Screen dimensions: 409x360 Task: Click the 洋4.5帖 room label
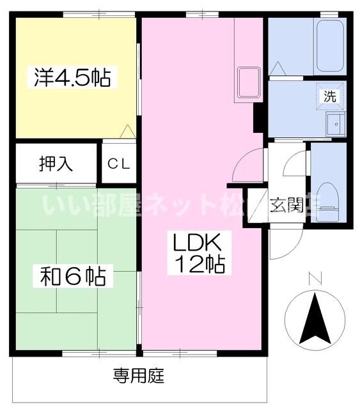click(72, 78)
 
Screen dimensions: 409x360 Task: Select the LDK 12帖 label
click(194, 253)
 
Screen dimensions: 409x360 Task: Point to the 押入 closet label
click(56, 164)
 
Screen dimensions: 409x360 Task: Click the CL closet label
click(119, 164)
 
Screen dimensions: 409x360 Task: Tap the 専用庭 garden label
click(139, 376)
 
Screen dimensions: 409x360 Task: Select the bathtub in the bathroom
click(330, 46)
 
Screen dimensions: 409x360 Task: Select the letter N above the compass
click(313, 279)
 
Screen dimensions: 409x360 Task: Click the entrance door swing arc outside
click(281, 244)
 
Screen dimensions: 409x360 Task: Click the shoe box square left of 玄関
click(256, 206)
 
